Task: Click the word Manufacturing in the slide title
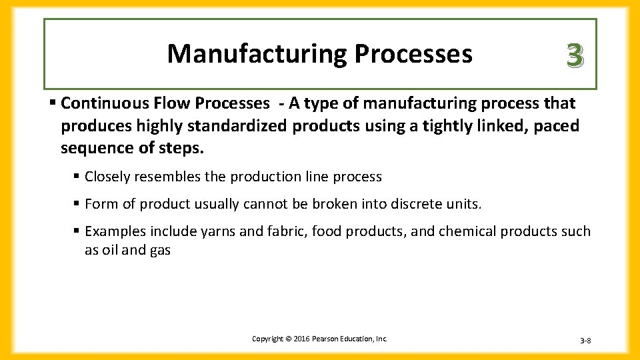pyautogui.click(x=257, y=53)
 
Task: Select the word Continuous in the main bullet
pyautogui.click(x=99, y=104)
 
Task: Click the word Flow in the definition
pyautogui.click(x=158, y=104)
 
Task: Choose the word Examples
pyautogui.click(x=115, y=231)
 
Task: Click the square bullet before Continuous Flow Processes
pyautogui.click(x=53, y=104)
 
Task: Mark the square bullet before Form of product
pyautogui.click(x=77, y=204)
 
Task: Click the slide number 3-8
pyautogui.click(x=585, y=341)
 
